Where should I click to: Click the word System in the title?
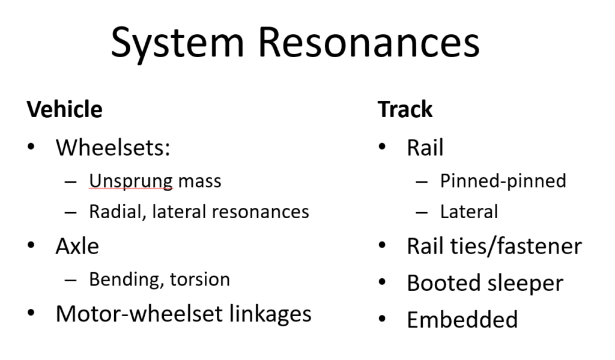coord(178,44)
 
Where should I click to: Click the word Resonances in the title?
coord(369,43)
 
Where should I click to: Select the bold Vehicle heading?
coord(65,109)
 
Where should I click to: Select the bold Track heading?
coord(405,109)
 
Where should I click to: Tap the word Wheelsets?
coord(113,148)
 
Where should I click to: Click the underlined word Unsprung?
coord(131,182)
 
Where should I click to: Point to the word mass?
coord(199,182)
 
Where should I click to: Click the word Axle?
coord(77,246)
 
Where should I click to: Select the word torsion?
coord(200,279)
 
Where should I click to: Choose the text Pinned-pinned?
coord(503,182)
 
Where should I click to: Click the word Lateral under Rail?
coord(469,212)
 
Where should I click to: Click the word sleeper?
coord(525,284)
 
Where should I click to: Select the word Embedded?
coord(462,320)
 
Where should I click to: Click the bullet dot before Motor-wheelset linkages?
coord(31,313)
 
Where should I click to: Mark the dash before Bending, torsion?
coord(71,280)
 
